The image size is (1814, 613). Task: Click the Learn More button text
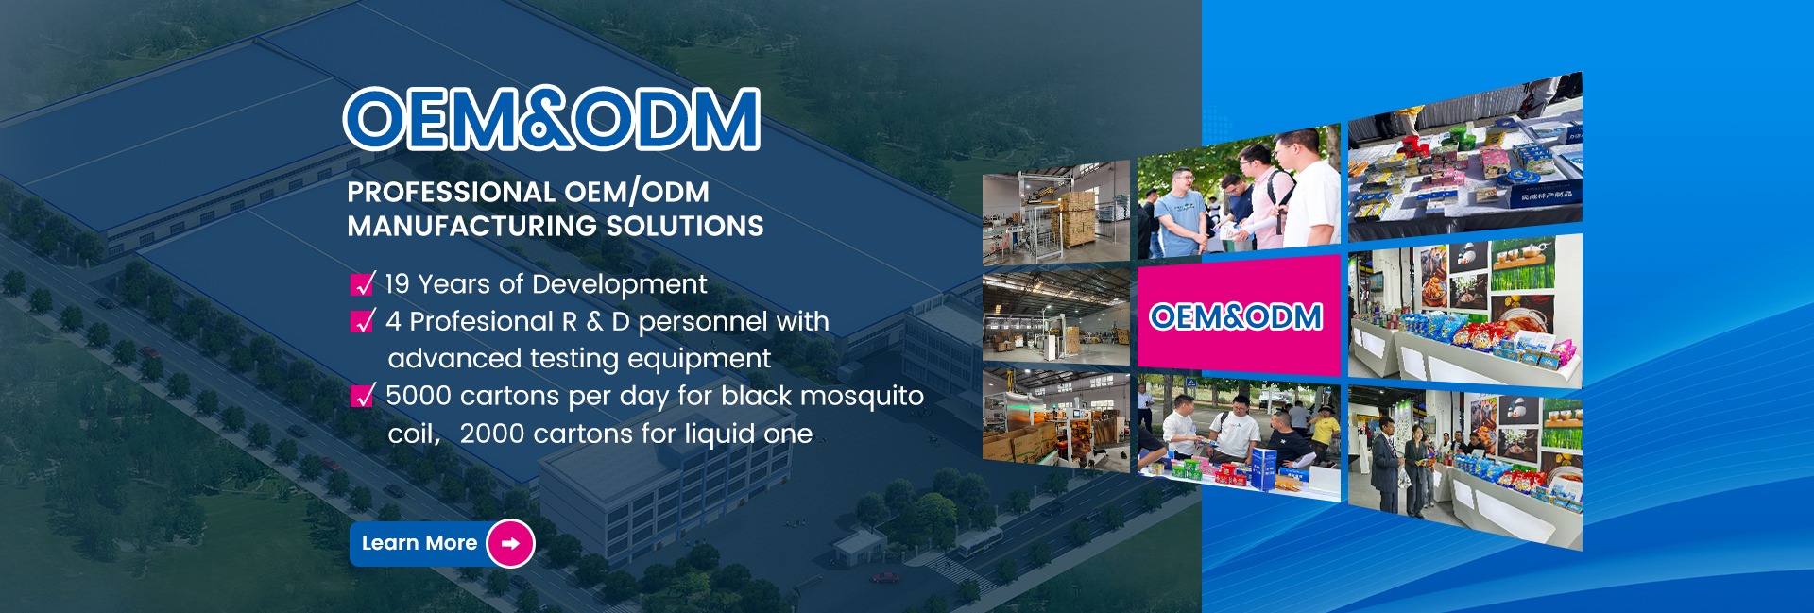click(x=419, y=543)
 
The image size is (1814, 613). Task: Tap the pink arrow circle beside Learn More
click(x=510, y=544)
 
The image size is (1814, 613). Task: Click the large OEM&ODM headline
click(x=552, y=120)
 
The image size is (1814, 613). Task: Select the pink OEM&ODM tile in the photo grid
click(x=1239, y=315)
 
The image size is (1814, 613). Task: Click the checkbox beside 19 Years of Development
click(x=363, y=283)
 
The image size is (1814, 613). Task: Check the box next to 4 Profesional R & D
click(x=363, y=321)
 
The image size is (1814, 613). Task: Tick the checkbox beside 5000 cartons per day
click(x=363, y=395)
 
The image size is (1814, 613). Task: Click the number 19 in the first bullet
click(x=398, y=284)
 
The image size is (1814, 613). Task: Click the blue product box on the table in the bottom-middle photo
click(x=1264, y=468)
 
